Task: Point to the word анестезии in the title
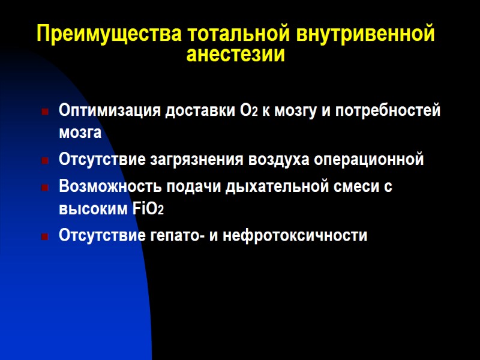coord(235,55)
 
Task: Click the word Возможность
coord(110,186)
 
